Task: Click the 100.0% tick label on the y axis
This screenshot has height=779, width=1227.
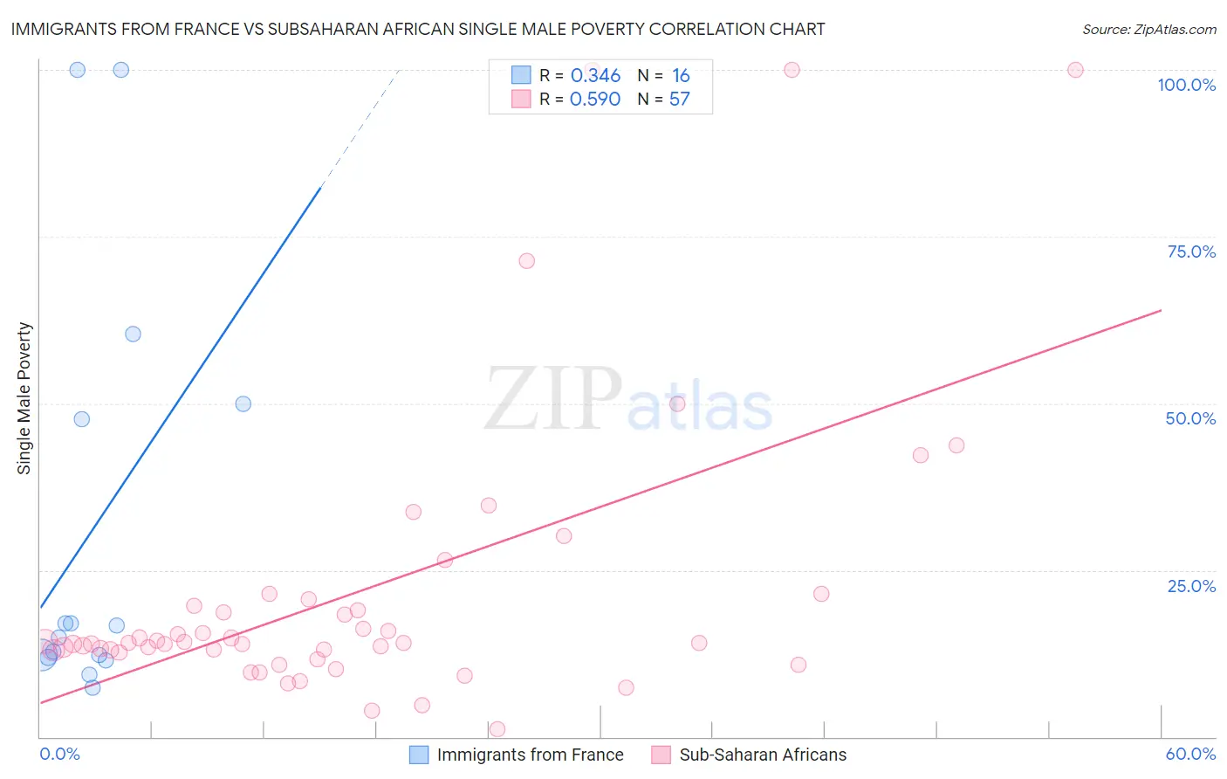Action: tap(1186, 85)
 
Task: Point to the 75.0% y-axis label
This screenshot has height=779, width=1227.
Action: tap(1191, 252)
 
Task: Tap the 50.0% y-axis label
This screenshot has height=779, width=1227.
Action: tap(1190, 418)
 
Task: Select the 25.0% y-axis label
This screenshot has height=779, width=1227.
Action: tap(1191, 586)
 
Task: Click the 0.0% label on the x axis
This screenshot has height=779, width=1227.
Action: tap(59, 754)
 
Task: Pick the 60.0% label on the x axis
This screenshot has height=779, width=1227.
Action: tap(1190, 754)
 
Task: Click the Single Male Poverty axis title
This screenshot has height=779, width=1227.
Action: tap(24, 398)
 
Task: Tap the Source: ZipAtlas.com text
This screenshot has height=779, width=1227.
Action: tap(1148, 29)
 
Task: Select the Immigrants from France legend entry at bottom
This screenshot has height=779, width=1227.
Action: tap(530, 755)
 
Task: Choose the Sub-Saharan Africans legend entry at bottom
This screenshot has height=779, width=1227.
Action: tap(763, 755)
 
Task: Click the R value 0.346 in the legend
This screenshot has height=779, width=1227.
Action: tap(595, 76)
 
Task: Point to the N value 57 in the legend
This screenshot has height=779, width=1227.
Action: tap(680, 100)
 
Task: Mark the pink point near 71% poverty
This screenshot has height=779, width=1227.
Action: tap(526, 261)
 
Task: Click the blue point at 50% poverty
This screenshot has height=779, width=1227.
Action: tap(243, 404)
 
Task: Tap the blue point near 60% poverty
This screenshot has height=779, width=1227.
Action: tap(133, 334)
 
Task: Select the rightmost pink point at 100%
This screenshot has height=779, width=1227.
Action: tap(1075, 70)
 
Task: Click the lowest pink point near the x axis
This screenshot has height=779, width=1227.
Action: tap(497, 729)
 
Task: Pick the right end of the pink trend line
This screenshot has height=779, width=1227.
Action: tap(1161, 310)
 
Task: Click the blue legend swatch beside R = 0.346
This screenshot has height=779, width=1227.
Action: tap(521, 75)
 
